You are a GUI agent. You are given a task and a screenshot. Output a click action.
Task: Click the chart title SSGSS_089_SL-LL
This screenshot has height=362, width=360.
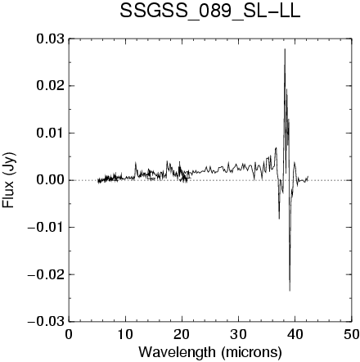click(210, 12)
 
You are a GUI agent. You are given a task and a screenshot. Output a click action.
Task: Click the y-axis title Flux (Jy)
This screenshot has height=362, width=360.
click(9, 180)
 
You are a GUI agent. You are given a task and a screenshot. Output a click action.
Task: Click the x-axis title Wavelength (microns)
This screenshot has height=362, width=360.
click(210, 352)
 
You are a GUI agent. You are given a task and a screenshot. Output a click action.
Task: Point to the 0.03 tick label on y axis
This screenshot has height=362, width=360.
click(51, 38)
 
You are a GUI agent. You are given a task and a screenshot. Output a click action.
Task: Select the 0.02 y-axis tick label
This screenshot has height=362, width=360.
click(51, 86)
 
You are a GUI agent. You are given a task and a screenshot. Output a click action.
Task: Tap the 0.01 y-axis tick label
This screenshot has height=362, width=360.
click(51, 133)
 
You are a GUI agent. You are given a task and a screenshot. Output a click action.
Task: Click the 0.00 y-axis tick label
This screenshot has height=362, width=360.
click(51, 180)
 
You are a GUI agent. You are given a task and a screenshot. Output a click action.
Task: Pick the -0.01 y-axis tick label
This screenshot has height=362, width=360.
click(47, 227)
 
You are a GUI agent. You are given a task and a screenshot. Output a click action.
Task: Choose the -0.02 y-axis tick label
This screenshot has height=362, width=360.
click(47, 274)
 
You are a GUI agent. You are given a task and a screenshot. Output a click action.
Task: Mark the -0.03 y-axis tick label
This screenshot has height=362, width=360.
click(47, 321)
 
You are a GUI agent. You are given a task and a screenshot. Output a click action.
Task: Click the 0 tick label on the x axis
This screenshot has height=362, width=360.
click(69, 335)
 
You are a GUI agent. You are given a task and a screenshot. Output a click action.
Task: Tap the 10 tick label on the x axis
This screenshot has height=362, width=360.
click(125, 335)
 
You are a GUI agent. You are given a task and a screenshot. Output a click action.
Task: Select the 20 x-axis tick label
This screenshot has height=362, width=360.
click(182, 335)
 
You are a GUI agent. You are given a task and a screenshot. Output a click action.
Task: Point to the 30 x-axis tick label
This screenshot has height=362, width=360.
click(238, 335)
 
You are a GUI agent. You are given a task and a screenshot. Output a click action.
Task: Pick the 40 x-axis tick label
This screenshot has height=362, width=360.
click(295, 335)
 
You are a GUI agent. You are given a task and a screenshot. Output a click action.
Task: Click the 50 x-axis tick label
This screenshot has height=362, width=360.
click(351, 335)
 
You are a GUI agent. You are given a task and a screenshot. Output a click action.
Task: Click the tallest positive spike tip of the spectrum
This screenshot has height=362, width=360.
click(285, 49)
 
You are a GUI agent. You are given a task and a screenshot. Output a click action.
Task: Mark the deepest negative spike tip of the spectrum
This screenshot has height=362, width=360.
click(290, 291)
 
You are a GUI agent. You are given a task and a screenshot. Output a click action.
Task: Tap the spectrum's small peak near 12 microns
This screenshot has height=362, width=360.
click(136, 163)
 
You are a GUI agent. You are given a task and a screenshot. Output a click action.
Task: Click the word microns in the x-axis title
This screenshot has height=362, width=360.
click(251, 352)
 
